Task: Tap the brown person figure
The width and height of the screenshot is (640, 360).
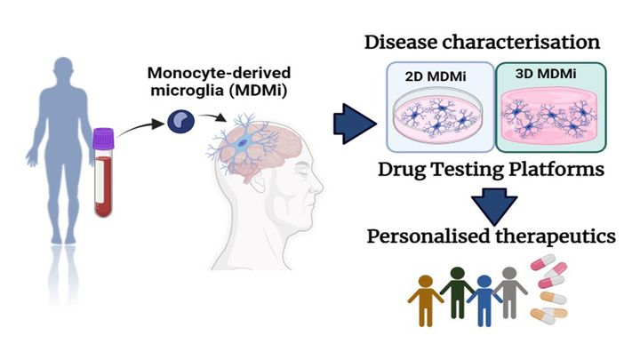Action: [426, 299]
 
